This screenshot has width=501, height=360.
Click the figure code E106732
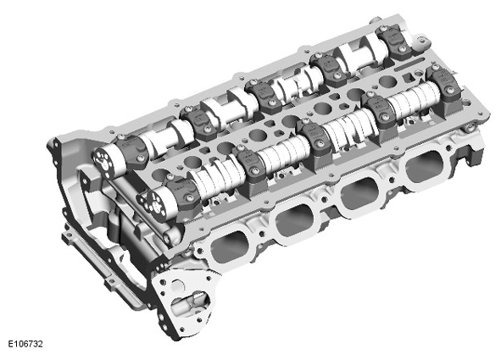25,344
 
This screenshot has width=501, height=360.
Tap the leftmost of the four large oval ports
230,246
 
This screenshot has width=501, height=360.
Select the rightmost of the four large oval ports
425,166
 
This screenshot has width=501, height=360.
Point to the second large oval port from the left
295,220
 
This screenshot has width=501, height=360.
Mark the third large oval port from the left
359,193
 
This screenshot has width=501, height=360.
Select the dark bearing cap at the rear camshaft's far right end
393,42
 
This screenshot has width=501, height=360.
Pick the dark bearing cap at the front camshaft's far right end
445,84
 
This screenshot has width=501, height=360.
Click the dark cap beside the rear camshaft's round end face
132,152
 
